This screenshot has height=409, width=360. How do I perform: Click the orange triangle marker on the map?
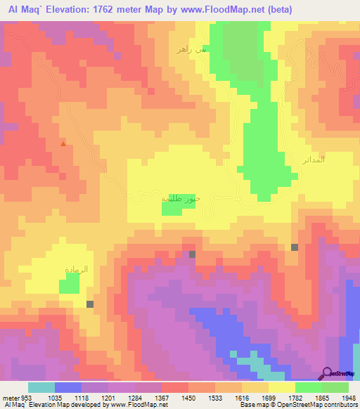click(63, 144)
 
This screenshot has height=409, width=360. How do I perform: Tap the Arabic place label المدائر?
click(314, 160)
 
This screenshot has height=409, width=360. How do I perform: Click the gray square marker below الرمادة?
click(90, 304)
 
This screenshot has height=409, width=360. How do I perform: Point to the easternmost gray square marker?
click(294, 247)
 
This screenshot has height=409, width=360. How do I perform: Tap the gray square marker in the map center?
click(192, 254)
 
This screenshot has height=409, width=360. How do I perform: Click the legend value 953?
click(25, 398)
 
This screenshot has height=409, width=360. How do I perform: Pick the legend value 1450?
click(189, 398)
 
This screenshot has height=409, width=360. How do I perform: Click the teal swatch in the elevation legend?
click(41, 387)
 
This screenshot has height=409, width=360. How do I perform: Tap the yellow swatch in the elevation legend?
click(282, 387)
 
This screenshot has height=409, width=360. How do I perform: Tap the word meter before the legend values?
click(9, 398)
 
